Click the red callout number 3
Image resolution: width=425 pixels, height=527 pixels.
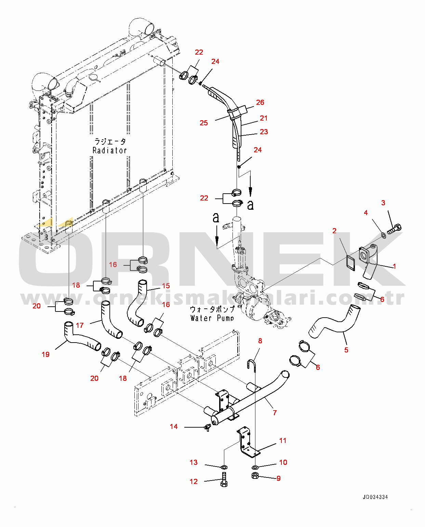point(383,203)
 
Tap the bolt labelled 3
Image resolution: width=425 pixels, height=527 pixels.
point(394,228)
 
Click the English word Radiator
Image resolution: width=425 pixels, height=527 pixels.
point(110,150)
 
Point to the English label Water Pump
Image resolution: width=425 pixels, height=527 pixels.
point(212,318)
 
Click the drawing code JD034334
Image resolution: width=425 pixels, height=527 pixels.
point(375,497)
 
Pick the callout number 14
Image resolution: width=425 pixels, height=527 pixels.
point(174,427)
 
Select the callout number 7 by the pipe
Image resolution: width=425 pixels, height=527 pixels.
point(275,413)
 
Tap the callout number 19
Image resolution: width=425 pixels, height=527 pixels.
point(45,355)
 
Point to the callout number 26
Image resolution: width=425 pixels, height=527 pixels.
point(260,102)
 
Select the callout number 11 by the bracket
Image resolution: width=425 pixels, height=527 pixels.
point(283,441)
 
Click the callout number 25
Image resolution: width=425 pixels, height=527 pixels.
point(203,123)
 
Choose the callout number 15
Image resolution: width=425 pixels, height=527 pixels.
point(166,286)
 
